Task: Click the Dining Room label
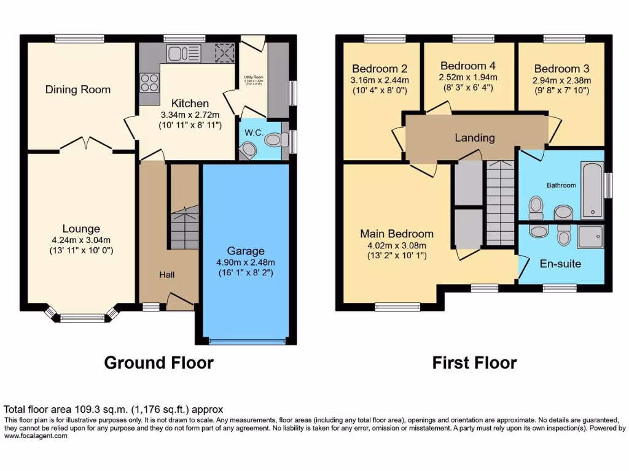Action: [78, 90]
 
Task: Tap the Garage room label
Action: [246, 251]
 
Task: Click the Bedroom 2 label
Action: [380, 69]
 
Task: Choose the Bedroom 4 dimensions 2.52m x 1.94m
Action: [467, 77]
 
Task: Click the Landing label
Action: [474, 137]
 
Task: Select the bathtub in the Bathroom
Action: [592, 191]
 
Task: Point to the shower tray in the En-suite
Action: [590, 236]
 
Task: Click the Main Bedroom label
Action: [396, 234]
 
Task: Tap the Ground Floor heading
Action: [158, 362]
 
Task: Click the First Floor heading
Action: [474, 362]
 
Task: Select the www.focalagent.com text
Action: [36, 436]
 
